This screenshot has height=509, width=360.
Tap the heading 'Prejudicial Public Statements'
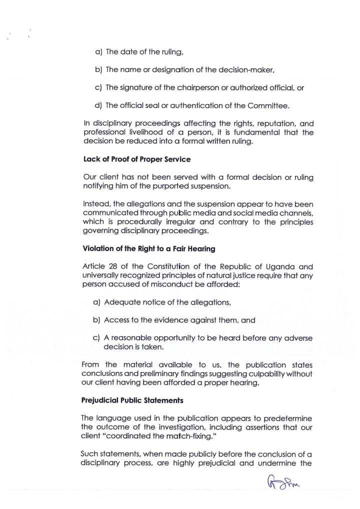coord(131,400)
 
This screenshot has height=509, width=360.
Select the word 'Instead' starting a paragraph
coord(94,204)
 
